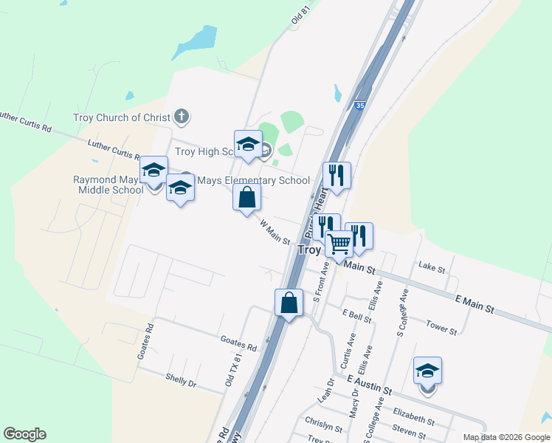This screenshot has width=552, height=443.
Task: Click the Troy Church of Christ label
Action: point(121,117)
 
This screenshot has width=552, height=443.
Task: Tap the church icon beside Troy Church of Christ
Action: point(182,117)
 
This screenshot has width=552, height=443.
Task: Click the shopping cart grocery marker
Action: point(339,243)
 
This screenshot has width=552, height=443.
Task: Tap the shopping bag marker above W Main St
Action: point(246,198)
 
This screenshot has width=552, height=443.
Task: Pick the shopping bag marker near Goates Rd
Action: point(289,303)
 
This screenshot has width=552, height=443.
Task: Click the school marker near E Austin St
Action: point(427,371)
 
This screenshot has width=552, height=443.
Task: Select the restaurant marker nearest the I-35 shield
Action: point(337,176)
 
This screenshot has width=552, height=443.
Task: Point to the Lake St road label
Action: point(432,266)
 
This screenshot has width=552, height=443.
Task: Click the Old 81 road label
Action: point(298,16)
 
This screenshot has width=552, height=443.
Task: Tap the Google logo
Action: point(24,434)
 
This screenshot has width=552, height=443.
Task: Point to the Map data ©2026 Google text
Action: point(506,437)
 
